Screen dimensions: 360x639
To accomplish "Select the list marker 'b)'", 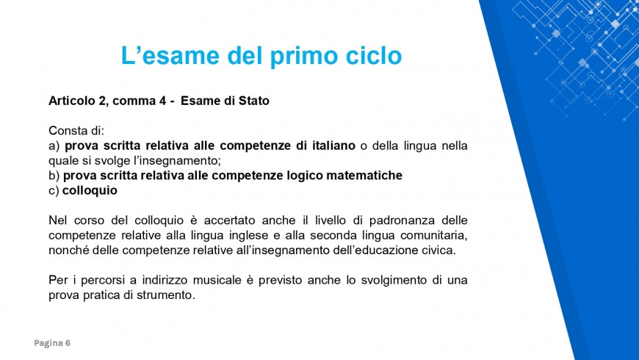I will [x=54, y=176].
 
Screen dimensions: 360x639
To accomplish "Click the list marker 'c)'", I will [x=54, y=190].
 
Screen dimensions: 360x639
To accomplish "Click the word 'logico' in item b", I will [x=303, y=176].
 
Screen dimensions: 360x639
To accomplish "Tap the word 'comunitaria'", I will [x=431, y=235].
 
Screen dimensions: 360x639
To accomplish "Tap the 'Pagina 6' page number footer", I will [x=53, y=343].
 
